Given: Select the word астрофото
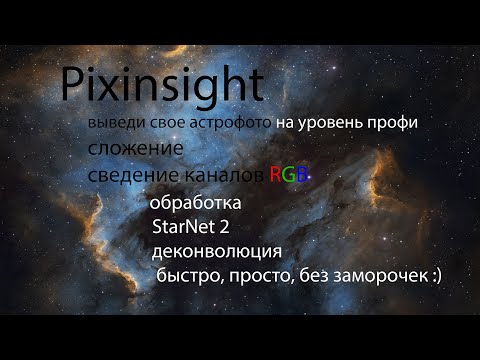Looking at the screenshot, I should pos(227,123).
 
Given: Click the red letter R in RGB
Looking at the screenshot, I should pos(277,175).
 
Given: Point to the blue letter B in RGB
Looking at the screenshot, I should pos(305,175).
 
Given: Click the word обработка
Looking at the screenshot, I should pos(195,204).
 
